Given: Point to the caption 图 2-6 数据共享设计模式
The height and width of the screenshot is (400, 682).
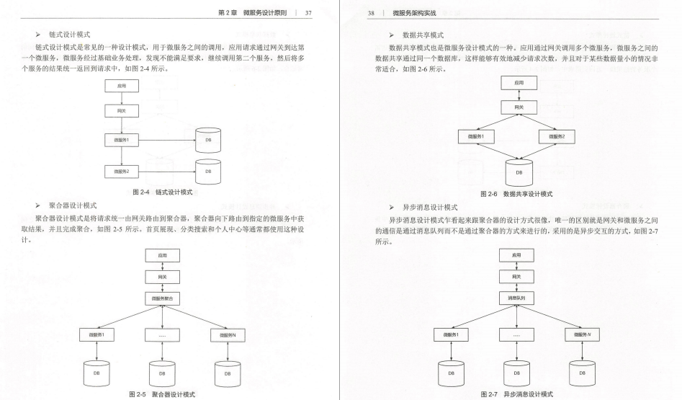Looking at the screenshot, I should [x=516, y=194].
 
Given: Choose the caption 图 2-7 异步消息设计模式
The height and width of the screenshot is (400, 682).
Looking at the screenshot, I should [x=516, y=394].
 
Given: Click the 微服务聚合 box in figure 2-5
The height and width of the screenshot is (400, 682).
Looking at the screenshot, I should [x=162, y=298].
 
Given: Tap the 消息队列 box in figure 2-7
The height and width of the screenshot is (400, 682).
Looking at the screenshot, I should [x=516, y=298].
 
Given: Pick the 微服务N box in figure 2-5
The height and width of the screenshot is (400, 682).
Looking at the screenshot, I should [x=227, y=334].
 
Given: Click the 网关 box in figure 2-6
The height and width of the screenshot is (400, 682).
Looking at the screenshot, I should [x=516, y=107].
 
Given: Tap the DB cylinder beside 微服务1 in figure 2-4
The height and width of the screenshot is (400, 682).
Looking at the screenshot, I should [x=208, y=139].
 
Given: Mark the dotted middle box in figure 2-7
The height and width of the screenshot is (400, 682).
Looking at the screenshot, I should [x=516, y=334].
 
